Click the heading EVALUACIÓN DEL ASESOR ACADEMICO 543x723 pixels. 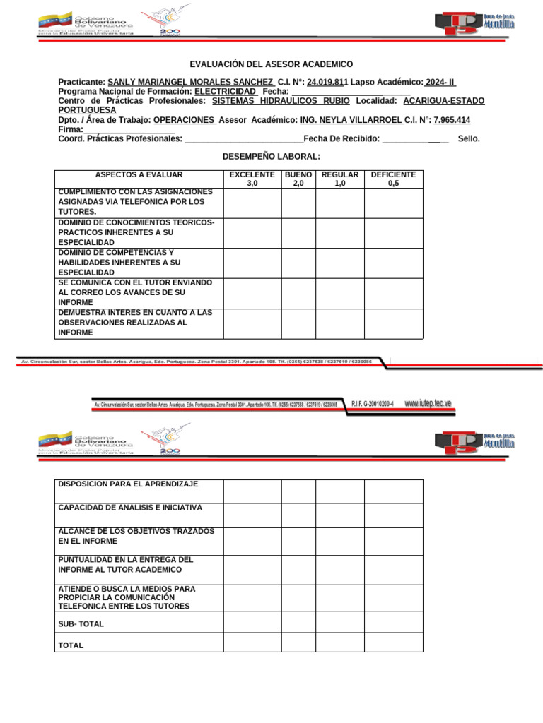271,64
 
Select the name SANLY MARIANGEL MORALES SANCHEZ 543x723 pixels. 189,82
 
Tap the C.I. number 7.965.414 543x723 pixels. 452,120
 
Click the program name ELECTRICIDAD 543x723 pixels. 226,92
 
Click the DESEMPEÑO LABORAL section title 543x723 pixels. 271,156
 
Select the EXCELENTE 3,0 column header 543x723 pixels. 252,179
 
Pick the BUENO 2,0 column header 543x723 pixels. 298,179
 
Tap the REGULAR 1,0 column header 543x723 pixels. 339,179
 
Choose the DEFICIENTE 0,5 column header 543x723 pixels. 393,179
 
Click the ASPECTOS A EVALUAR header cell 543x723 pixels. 139,174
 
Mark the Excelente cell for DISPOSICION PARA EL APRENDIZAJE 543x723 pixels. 252,491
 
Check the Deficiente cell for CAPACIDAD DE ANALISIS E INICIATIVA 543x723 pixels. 393,515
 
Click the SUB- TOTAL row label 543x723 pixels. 81,624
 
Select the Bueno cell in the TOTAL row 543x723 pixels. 298,642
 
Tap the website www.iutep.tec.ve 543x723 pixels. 428,403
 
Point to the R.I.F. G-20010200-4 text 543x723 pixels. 373,404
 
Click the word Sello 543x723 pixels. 469,139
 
